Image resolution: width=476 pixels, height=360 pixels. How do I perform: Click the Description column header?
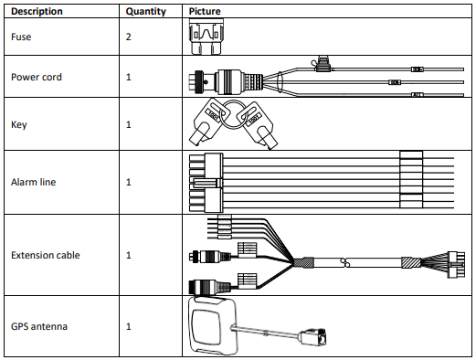(x=37, y=11)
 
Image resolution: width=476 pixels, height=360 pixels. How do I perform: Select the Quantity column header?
(x=146, y=12)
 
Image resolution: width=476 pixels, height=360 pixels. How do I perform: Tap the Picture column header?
(x=205, y=11)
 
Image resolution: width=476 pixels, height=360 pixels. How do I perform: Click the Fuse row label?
(x=21, y=37)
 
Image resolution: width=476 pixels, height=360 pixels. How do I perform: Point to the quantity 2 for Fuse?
(x=129, y=37)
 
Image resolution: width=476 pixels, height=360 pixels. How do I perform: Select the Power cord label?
(x=37, y=77)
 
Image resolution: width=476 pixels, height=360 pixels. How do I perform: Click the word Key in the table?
(x=19, y=124)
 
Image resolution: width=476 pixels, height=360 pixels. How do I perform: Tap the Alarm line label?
(x=34, y=182)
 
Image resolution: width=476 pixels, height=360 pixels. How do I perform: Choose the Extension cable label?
(x=46, y=255)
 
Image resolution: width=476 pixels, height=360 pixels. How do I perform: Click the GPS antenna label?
(x=39, y=326)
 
